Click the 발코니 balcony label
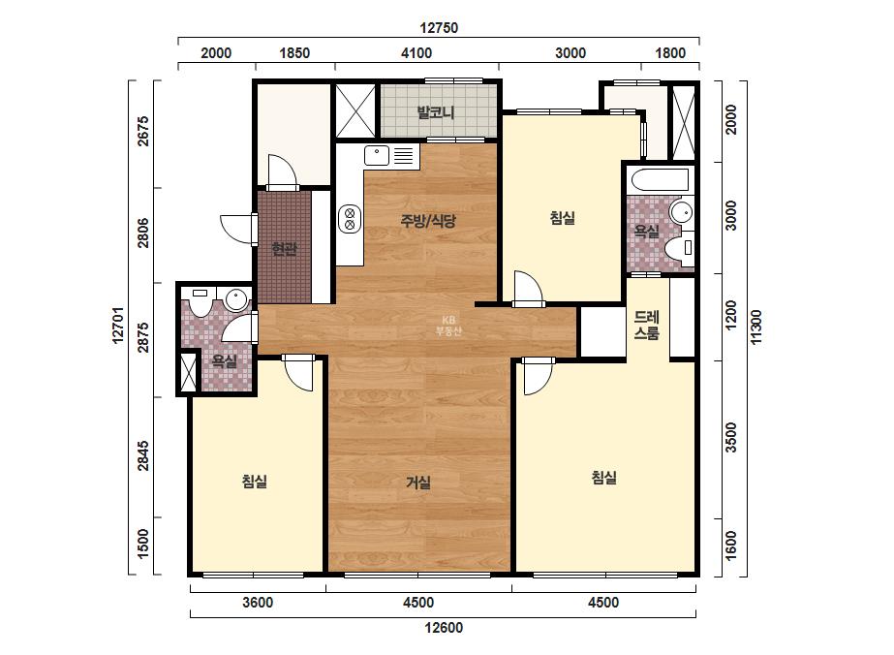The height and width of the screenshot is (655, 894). point(436,111)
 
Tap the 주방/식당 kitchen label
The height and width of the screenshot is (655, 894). point(428,220)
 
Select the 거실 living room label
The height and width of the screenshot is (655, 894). point(417,483)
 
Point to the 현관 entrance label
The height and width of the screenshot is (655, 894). point(284,249)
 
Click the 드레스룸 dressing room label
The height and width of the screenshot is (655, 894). point(647,325)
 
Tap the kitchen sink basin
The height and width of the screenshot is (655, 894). point(377,155)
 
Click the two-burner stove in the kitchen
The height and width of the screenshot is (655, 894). point(350,219)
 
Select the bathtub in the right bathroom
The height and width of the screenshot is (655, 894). point(661,181)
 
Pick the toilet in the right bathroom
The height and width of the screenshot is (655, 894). point(679,248)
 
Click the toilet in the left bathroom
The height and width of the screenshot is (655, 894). point(200,302)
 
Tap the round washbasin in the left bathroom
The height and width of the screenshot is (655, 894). point(235,299)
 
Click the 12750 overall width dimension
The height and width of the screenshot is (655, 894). point(439,27)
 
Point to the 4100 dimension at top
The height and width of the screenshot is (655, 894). point(416,53)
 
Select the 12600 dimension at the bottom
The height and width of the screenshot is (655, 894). point(444,628)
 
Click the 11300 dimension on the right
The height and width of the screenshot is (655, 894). point(756,327)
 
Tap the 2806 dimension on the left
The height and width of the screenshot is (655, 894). point(143,233)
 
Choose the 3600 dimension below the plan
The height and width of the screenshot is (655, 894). point(258,602)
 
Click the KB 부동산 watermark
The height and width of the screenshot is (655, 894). point(448,326)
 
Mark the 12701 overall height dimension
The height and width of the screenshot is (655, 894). point(118,326)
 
